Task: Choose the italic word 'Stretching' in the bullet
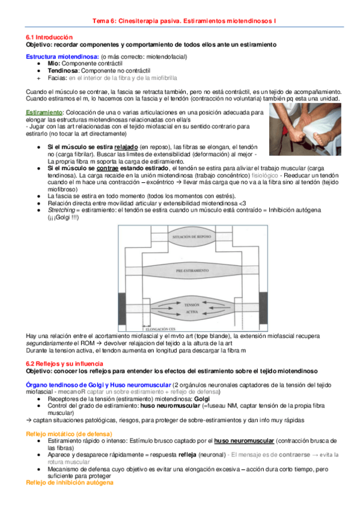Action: click(x=61, y=210)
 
